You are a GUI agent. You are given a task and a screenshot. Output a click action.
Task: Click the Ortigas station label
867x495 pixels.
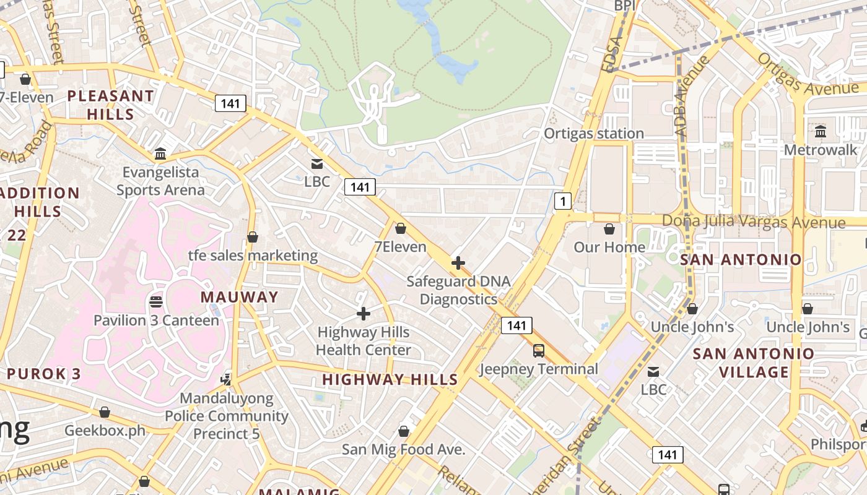pos(593,134)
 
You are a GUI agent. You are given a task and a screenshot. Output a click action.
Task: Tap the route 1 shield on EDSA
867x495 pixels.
pos(562,200)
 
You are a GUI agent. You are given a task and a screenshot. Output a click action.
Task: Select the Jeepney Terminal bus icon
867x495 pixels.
pos(539,351)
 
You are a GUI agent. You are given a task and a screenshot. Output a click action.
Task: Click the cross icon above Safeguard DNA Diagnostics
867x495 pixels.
pos(458,263)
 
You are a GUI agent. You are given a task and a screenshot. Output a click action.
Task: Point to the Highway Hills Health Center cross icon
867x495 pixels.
pos(364,314)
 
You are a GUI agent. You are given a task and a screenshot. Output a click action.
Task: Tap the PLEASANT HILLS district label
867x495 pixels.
pos(110,105)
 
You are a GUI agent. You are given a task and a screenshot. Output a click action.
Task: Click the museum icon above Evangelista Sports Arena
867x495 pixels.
pos(160,153)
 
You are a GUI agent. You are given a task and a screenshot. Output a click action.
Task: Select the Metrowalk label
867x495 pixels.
pos(821,150)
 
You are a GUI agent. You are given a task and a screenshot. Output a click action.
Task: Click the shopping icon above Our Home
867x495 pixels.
pos(609,229)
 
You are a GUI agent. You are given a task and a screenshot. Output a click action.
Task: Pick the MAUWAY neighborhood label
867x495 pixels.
pos(239,297)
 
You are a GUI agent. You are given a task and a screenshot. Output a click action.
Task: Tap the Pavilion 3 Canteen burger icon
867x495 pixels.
pos(156,301)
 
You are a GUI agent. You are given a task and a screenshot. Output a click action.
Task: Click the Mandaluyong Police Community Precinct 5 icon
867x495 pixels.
pos(227,379)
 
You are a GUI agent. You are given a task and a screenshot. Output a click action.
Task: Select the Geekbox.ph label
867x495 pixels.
pos(105,430)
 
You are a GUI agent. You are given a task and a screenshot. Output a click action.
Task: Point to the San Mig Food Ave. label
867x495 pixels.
pos(403,450)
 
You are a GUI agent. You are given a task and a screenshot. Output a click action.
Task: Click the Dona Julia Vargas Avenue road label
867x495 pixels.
pos(753,222)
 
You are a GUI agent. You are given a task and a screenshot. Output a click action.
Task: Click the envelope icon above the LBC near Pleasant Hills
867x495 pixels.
pos(317,164)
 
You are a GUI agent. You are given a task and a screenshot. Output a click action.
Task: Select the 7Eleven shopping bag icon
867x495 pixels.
pos(401,229)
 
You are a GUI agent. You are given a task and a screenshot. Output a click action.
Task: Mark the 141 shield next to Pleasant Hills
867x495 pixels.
pos(230,103)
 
